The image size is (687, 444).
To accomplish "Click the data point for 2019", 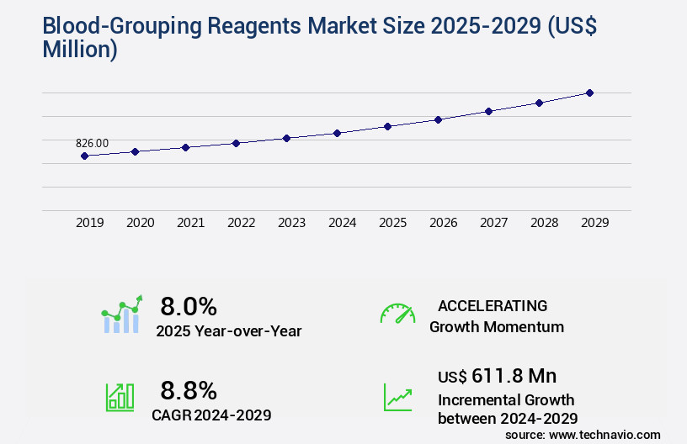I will coord(84,156).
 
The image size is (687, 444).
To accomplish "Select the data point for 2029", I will coord(589,92).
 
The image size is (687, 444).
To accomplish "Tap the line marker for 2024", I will coord(337,133).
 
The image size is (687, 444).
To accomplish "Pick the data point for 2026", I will coord(438,119).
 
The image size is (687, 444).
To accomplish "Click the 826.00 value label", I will coord(92,144).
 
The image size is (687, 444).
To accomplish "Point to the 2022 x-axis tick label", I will coord(241,223).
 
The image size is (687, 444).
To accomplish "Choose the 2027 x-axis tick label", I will coord(493,223).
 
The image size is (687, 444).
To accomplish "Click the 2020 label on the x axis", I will coord(140,223).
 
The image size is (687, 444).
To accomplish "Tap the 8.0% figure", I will coord(189,305).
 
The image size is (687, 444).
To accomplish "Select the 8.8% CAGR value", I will coord(189,390).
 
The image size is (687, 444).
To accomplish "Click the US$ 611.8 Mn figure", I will coord(497,375).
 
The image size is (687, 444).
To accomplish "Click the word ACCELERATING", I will coord(493,305).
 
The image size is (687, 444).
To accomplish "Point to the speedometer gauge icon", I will coord(397,313).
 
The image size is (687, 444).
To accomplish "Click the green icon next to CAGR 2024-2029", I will coord(120,397).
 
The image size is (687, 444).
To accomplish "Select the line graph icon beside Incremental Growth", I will coord(397,397).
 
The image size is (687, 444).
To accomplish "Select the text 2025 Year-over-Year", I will coord(228,331).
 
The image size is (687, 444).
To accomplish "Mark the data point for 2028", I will coord(539,103).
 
